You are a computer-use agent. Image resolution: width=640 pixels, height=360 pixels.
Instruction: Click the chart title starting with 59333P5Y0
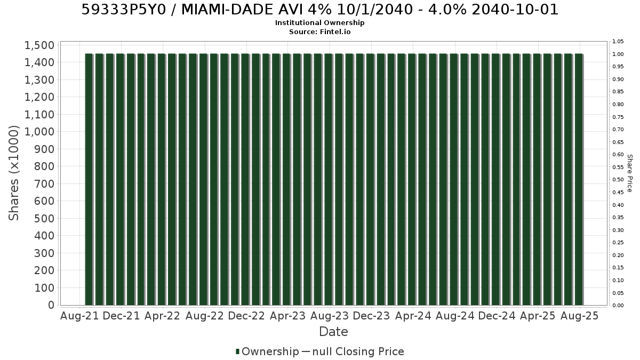(319, 10)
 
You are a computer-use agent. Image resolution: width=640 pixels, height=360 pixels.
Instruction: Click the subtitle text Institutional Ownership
(319, 23)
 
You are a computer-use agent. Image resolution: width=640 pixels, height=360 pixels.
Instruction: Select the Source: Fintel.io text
(319, 31)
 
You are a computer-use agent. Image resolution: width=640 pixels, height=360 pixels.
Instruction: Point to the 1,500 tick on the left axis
(39, 45)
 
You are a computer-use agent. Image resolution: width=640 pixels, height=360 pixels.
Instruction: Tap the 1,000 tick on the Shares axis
(39, 132)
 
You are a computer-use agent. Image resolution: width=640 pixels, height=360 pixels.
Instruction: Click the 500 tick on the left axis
(44, 219)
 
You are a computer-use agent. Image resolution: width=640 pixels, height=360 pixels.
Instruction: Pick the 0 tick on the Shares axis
(51, 305)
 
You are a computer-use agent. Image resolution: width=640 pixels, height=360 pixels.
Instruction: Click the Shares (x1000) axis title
(14, 173)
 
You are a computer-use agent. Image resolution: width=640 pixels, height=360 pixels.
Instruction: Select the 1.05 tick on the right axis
(618, 42)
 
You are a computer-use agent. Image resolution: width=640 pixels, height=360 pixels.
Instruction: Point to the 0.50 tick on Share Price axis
(618, 180)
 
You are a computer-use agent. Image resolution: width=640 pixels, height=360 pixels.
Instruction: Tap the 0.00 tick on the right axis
(618, 306)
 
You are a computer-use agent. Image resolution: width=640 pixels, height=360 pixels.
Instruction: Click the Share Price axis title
(630, 173)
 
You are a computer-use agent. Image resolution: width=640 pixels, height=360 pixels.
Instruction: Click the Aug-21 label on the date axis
(79, 316)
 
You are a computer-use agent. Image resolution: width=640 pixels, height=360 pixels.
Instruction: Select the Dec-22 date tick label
(246, 316)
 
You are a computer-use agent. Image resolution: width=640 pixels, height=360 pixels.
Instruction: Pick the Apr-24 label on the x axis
(413, 316)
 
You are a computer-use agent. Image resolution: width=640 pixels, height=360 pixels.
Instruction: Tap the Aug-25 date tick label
(580, 316)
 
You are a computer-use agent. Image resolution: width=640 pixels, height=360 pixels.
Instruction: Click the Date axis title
(333, 332)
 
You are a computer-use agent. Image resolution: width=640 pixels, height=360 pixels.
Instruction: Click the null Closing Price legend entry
(353, 351)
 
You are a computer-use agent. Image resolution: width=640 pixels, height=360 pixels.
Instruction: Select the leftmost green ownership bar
(89, 179)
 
